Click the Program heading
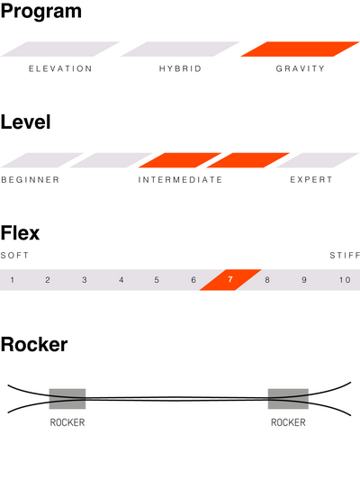point(41,13)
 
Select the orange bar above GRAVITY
point(300,49)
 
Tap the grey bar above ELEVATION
point(60,49)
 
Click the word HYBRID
point(180,68)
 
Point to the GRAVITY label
point(300,68)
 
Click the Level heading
point(26,122)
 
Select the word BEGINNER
point(31,180)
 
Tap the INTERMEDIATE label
point(180,180)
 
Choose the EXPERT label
point(311,180)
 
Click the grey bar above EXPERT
point(318,160)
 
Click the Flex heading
point(20,233)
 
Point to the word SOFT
point(14,255)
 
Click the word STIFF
point(345,255)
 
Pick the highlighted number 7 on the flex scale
point(230,279)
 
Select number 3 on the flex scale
point(84,280)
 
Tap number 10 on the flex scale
point(345,280)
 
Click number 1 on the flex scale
point(12,280)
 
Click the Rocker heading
point(34,345)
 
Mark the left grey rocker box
point(67,399)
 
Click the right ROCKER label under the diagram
point(288,422)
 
